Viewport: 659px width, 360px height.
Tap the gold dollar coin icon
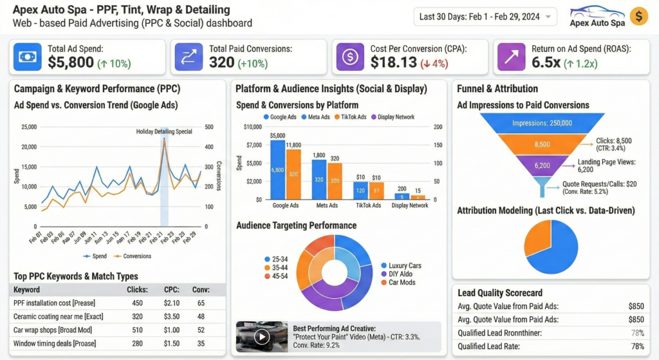(x=639, y=17)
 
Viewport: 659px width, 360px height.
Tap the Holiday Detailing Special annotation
(x=164, y=131)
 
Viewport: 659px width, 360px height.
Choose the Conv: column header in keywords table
(x=201, y=290)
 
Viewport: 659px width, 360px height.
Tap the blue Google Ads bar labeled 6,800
(x=277, y=170)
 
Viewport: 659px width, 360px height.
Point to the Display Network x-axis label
(x=410, y=205)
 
